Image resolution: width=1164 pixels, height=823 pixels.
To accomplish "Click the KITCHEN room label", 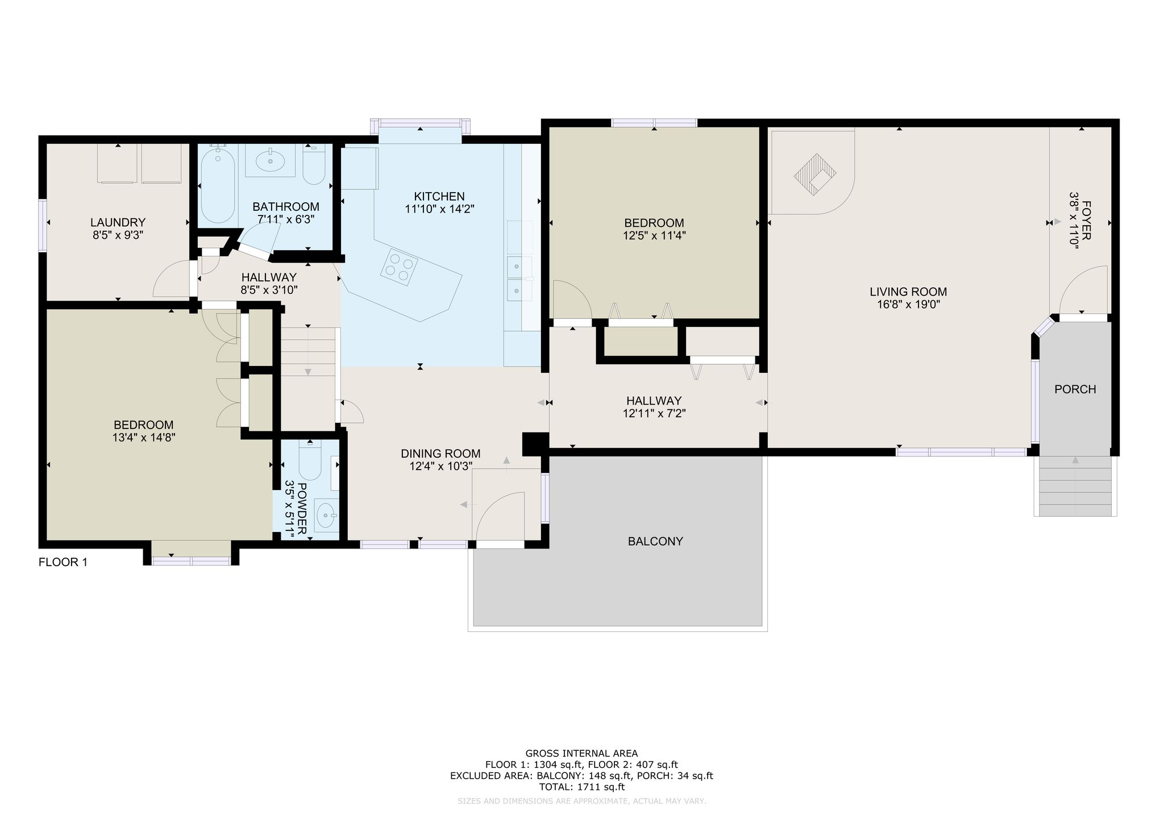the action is (x=439, y=197).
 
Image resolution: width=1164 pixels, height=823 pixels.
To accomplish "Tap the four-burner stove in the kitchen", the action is (x=399, y=267).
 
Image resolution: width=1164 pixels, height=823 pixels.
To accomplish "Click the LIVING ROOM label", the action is (x=908, y=292).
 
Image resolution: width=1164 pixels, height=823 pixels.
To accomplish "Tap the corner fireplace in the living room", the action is (x=815, y=175).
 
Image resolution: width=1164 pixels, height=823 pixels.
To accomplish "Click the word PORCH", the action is (x=1075, y=389).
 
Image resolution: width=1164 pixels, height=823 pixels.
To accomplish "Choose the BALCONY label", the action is (x=655, y=542).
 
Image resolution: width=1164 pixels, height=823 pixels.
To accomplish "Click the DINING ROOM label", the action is (x=440, y=454).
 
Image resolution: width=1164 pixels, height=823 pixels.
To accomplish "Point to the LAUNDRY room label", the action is (x=118, y=222).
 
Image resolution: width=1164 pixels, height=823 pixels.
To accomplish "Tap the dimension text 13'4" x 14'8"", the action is (x=143, y=438).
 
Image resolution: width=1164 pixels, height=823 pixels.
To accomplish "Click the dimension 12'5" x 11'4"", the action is (x=654, y=235).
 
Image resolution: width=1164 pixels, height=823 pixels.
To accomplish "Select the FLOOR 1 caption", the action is (x=63, y=562).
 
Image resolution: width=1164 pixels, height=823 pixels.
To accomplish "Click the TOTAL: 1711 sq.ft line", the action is (x=581, y=787).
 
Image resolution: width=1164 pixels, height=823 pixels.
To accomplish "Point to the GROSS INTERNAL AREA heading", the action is (x=581, y=754).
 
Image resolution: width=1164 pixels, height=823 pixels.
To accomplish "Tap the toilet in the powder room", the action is (x=310, y=460).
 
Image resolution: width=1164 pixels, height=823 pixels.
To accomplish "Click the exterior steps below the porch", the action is (x=1075, y=486).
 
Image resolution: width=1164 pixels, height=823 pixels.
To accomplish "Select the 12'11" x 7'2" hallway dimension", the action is (x=654, y=414).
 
